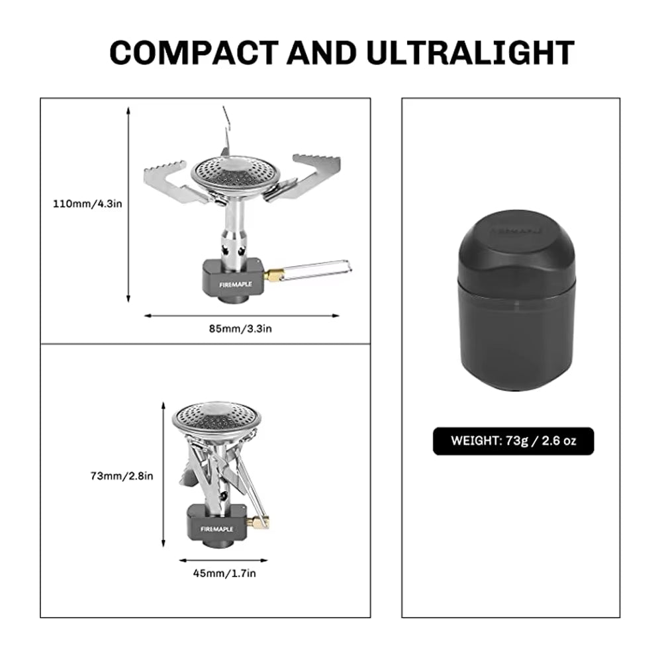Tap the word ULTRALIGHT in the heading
[470, 52]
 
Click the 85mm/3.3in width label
[242, 329]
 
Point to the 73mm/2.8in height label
[122, 475]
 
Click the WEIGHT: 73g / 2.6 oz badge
[513, 441]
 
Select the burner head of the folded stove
[216, 419]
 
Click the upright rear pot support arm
[226, 132]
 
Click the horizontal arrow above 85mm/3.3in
[242, 316]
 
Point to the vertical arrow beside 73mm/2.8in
[163, 475]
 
